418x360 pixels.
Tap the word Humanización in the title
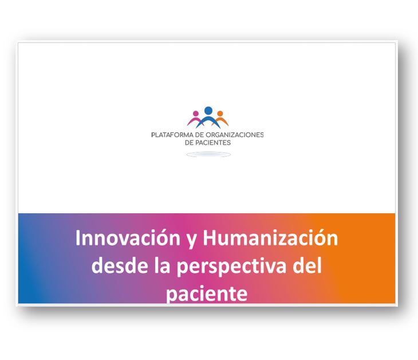[x=270, y=237]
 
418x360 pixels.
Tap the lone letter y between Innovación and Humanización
[x=191, y=241]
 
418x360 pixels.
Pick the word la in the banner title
[x=162, y=265]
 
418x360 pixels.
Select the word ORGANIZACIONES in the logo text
[x=235, y=135]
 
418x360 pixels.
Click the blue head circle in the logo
[x=208, y=110]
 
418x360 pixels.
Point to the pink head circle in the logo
[x=196, y=114]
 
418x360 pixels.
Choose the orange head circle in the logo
[x=220, y=114]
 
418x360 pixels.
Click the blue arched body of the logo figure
[x=208, y=119]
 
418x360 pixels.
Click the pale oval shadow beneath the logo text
[x=208, y=154]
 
